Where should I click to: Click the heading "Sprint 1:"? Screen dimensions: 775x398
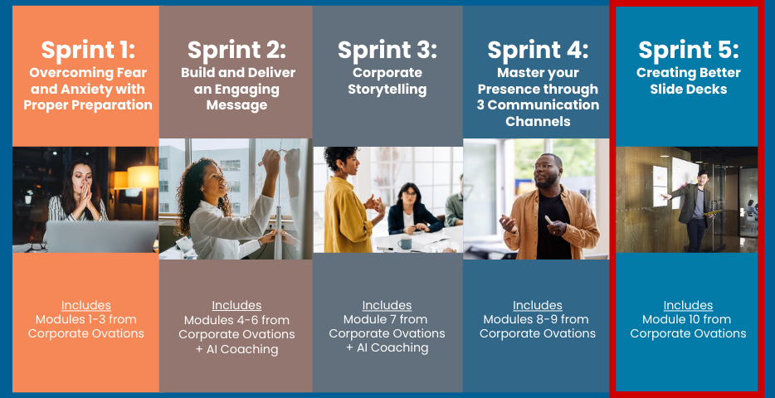(87, 51)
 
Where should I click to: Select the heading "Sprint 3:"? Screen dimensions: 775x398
(387, 51)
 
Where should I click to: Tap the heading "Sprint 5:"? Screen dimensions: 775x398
(688, 51)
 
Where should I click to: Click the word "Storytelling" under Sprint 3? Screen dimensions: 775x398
(387, 90)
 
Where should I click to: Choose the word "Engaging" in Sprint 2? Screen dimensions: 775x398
(249, 90)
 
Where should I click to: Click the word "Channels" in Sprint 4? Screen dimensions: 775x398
(538, 121)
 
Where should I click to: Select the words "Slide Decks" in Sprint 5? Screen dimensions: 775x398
(688, 90)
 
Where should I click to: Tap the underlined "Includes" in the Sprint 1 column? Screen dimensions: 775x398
(86, 305)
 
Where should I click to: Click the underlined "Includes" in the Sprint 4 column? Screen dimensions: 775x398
(537, 305)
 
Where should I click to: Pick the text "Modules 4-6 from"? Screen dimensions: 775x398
(236, 320)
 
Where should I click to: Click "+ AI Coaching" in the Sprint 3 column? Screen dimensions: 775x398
(387, 347)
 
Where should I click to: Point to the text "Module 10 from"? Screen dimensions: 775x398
(688, 319)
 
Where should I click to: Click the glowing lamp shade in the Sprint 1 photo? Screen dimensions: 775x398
(143, 177)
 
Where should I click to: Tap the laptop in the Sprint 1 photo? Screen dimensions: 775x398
(101, 236)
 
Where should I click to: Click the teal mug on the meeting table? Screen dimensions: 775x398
(405, 243)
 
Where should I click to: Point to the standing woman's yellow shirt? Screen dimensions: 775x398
(349, 216)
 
